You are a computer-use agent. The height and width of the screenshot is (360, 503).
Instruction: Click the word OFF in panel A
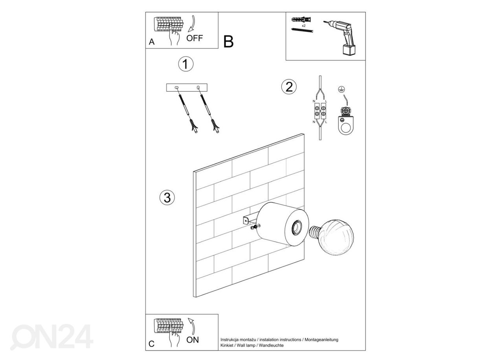tap(195, 38)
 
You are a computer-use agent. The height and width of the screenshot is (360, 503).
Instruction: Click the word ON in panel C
tap(193, 340)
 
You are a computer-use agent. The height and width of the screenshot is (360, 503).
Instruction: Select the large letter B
tap(228, 42)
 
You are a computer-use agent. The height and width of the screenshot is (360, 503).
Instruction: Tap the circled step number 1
tap(185, 64)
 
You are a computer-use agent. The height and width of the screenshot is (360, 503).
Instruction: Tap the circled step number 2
tap(289, 86)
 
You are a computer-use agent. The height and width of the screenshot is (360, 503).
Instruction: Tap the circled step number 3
tap(167, 198)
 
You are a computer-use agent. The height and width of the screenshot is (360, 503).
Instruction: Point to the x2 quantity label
tap(303, 25)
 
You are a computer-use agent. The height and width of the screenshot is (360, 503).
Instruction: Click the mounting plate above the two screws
tap(186, 87)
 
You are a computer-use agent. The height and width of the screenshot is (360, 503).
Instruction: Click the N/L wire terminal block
tap(321, 112)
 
